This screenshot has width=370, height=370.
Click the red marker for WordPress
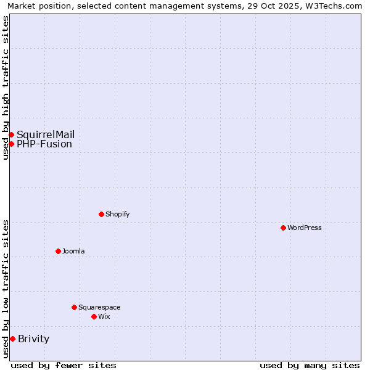pos(283,228)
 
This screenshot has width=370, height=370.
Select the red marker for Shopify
pos(101,214)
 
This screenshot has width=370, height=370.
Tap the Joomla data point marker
pos(58,251)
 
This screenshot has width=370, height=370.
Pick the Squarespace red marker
pos(74,307)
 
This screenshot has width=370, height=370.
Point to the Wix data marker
pos(94,316)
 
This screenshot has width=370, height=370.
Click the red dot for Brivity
pos(12,339)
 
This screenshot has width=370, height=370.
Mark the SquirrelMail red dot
pos(11,134)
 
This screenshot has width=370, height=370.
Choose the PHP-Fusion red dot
pos(11,144)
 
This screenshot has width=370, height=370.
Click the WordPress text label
pos(305,228)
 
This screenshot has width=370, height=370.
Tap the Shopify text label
pos(117,214)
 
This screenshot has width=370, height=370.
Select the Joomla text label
pos(73,251)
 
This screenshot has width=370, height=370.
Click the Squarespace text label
pos(99,307)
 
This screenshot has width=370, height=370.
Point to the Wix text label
pos(104,316)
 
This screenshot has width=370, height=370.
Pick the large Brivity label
pos(33,339)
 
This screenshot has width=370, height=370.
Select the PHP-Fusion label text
pos(44,144)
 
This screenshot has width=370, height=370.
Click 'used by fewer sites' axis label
pos(64,365)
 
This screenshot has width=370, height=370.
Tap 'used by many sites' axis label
pos(310,365)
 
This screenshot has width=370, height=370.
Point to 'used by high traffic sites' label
pos(6,88)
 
